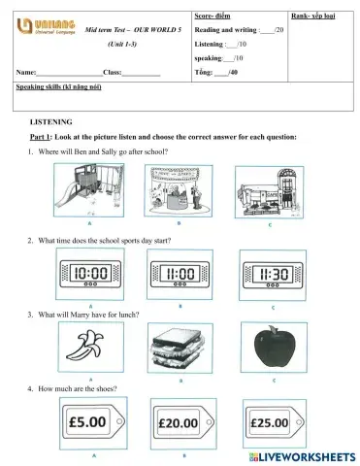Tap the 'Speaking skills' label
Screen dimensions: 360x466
pos(59,87)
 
